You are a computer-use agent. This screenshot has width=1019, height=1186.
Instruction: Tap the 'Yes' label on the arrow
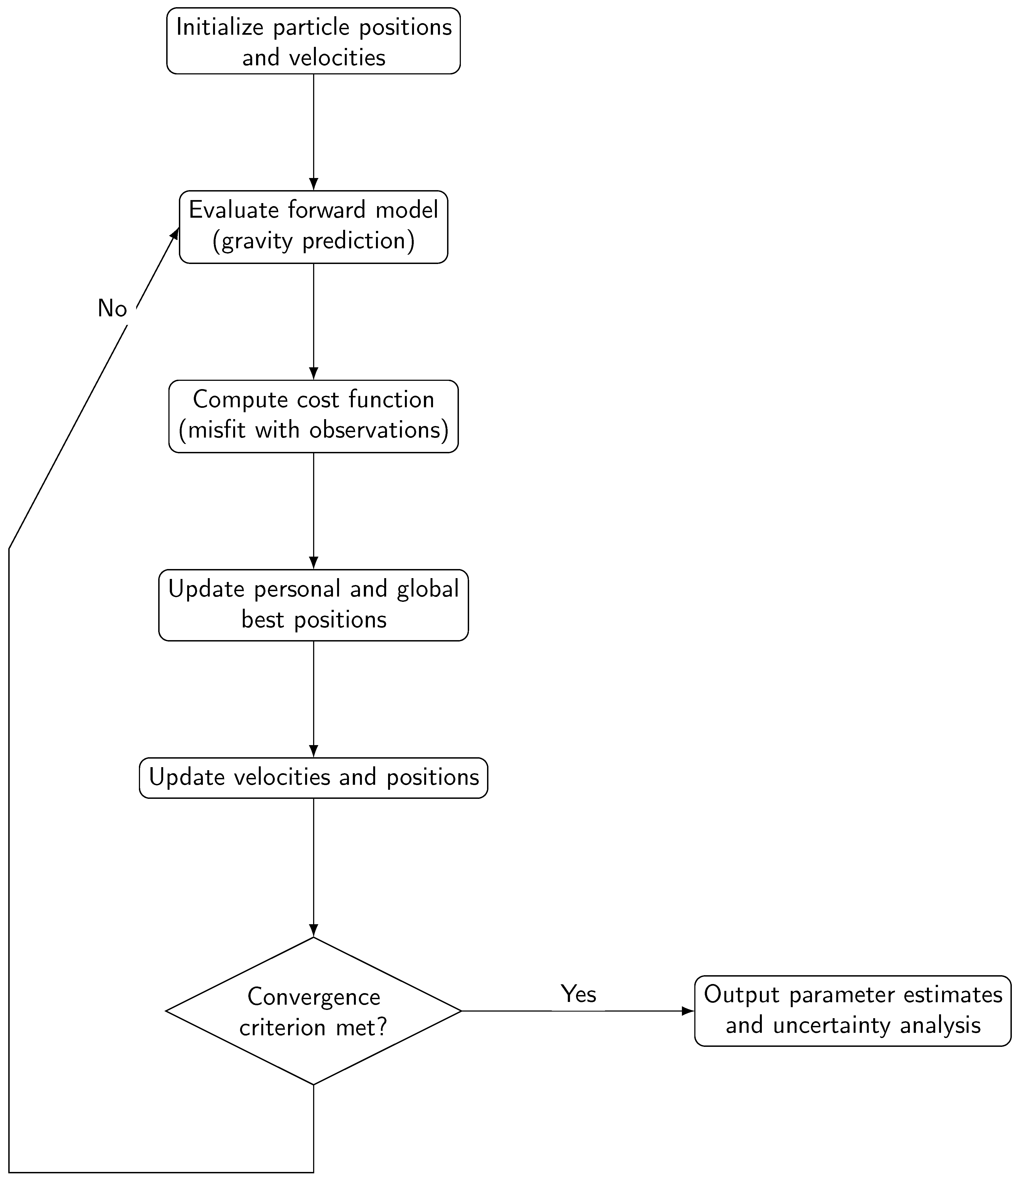[x=578, y=994]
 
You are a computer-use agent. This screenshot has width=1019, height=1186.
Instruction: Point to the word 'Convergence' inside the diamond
[x=314, y=997]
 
